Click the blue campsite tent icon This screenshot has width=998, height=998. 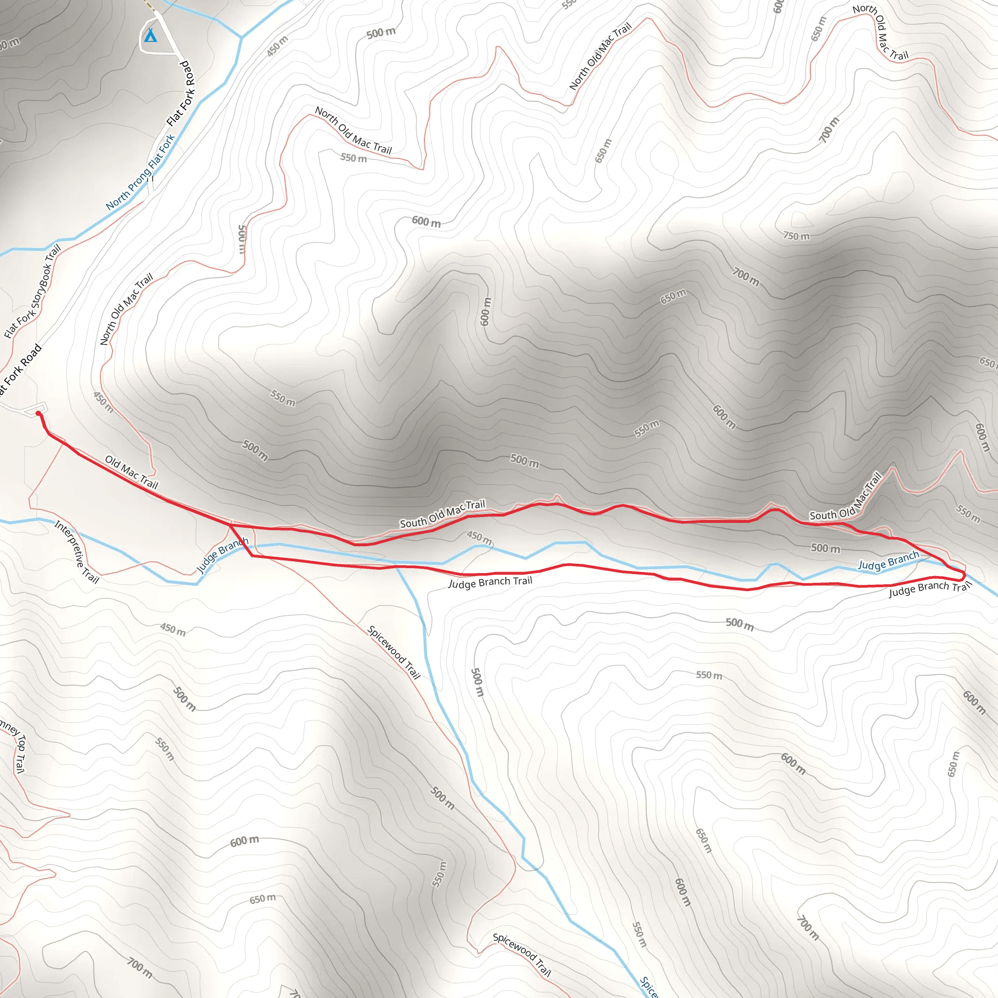(150, 36)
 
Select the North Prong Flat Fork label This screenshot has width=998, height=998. (140, 172)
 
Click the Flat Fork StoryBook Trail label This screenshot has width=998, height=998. (33, 291)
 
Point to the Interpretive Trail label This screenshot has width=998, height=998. (77, 552)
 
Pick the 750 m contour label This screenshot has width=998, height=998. (796, 236)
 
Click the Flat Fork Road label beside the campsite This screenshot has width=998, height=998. (181, 94)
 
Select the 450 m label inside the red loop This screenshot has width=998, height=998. (480, 538)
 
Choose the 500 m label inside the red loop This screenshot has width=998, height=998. (825, 548)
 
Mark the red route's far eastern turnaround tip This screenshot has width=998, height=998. (964, 576)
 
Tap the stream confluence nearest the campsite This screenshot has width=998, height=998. (241, 38)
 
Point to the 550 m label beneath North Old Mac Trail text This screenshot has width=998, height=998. (353, 157)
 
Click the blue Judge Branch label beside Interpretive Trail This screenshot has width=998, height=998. (223, 555)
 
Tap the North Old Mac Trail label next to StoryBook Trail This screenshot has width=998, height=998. (126, 309)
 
